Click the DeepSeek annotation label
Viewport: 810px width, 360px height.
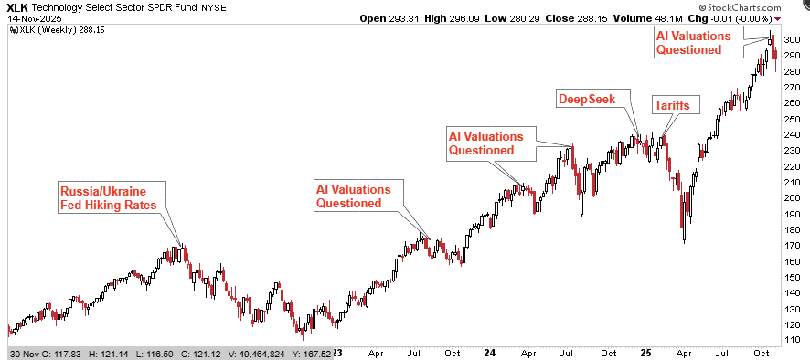[x=588, y=98]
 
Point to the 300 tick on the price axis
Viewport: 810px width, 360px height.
[x=793, y=40]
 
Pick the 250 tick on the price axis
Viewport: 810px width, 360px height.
[x=793, y=119]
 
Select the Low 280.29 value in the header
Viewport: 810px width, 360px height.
[x=543, y=18]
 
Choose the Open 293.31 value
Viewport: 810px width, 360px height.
[x=391, y=18]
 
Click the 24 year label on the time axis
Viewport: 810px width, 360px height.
[x=490, y=352]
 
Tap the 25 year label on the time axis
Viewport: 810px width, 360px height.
[x=645, y=352]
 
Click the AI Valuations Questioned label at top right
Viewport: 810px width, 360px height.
[x=698, y=42]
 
